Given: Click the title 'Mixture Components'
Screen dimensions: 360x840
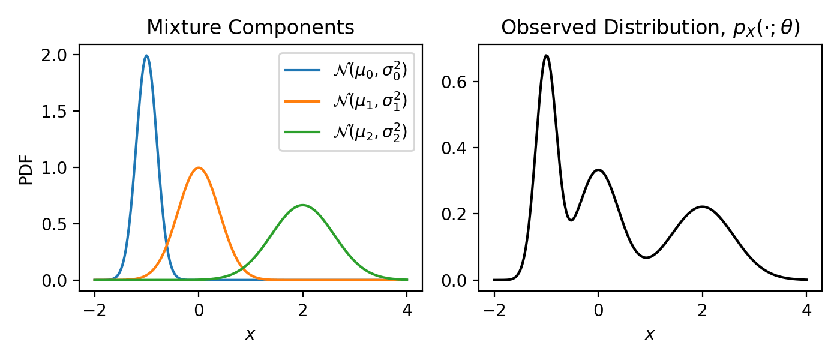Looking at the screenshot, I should (x=250, y=28).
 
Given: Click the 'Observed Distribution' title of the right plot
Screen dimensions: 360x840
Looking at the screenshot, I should (x=650, y=28).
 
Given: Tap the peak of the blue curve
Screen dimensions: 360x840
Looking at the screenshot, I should (x=146, y=56).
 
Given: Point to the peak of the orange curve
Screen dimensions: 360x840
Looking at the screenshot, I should (x=199, y=168).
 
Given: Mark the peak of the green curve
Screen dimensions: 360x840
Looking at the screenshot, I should (x=303, y=205).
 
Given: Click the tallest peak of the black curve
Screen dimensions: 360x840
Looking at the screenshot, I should (x=546, y=56).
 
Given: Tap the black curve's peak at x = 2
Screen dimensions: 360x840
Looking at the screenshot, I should (x=703, y=207).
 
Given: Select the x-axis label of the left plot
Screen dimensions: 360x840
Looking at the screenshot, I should (x=250, y=335).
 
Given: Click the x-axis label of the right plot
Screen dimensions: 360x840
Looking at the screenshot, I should (x=650, y=335).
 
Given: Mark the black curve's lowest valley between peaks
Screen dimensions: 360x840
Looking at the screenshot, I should (x=646, y=257).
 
